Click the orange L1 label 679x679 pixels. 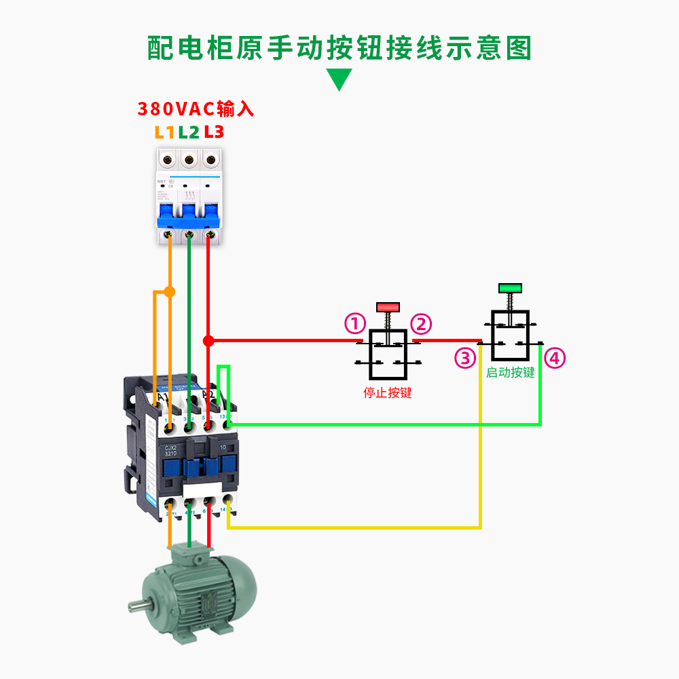click(x=165, y=132)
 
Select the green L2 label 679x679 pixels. click(x=189, y=132)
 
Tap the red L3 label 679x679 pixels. click(x=214, y=132)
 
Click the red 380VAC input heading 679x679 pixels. click(x=196, y=109)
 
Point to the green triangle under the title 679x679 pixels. click(x=339, y=79)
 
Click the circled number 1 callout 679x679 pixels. click(x=355, y=324)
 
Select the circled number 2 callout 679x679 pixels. click(x=421, y=324)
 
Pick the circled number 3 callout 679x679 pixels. click(x=465, y=358)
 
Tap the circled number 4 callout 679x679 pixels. click(x=555, y=358)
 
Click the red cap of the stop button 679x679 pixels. click(x=388, y=307)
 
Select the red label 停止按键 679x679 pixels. click(x=388, y=392)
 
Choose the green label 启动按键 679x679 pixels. click(x=510, y=373)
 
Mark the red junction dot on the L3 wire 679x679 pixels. click(x=208, y=340)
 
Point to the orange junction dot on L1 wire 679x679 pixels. click(x=170, y=292)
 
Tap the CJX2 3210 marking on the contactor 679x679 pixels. click(x=170, y=452)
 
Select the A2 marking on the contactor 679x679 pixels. click(x=208, y=394)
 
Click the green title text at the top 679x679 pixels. click(x=339, y=48)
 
